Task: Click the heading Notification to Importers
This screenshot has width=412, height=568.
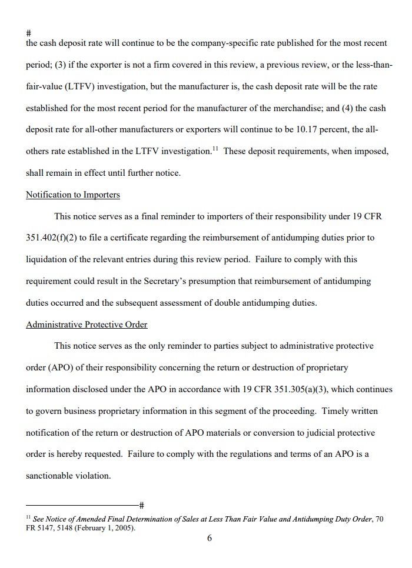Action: point(73,195)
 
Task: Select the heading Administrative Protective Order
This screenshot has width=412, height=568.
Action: point(87,325)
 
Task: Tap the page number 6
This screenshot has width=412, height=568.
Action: point(210,538)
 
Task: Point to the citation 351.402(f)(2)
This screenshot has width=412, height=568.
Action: point(53,238)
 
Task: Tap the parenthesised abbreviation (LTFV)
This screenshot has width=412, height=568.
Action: point(76,86)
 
